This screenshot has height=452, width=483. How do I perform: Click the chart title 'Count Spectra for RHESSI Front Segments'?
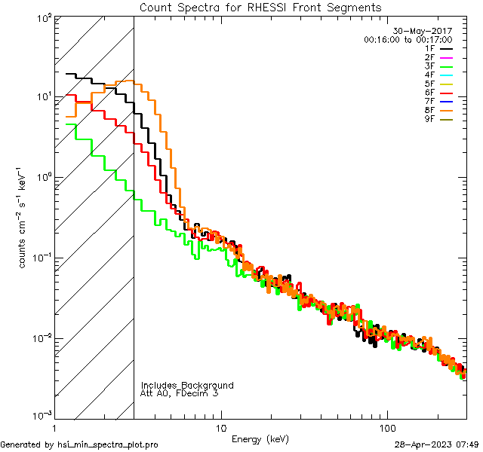(260, 7)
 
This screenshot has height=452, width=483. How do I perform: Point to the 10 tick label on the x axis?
(220, 427)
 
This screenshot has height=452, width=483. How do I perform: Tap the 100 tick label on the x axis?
(386, 427)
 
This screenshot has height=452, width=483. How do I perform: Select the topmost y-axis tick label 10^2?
(42, 18)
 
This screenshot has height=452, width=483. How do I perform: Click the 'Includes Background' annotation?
(187, 385)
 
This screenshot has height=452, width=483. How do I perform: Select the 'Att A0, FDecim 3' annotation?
(180, 393)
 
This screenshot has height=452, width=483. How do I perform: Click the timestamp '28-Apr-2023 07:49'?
(438, 444)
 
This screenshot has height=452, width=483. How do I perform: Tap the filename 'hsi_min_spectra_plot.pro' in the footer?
(108, 444)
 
